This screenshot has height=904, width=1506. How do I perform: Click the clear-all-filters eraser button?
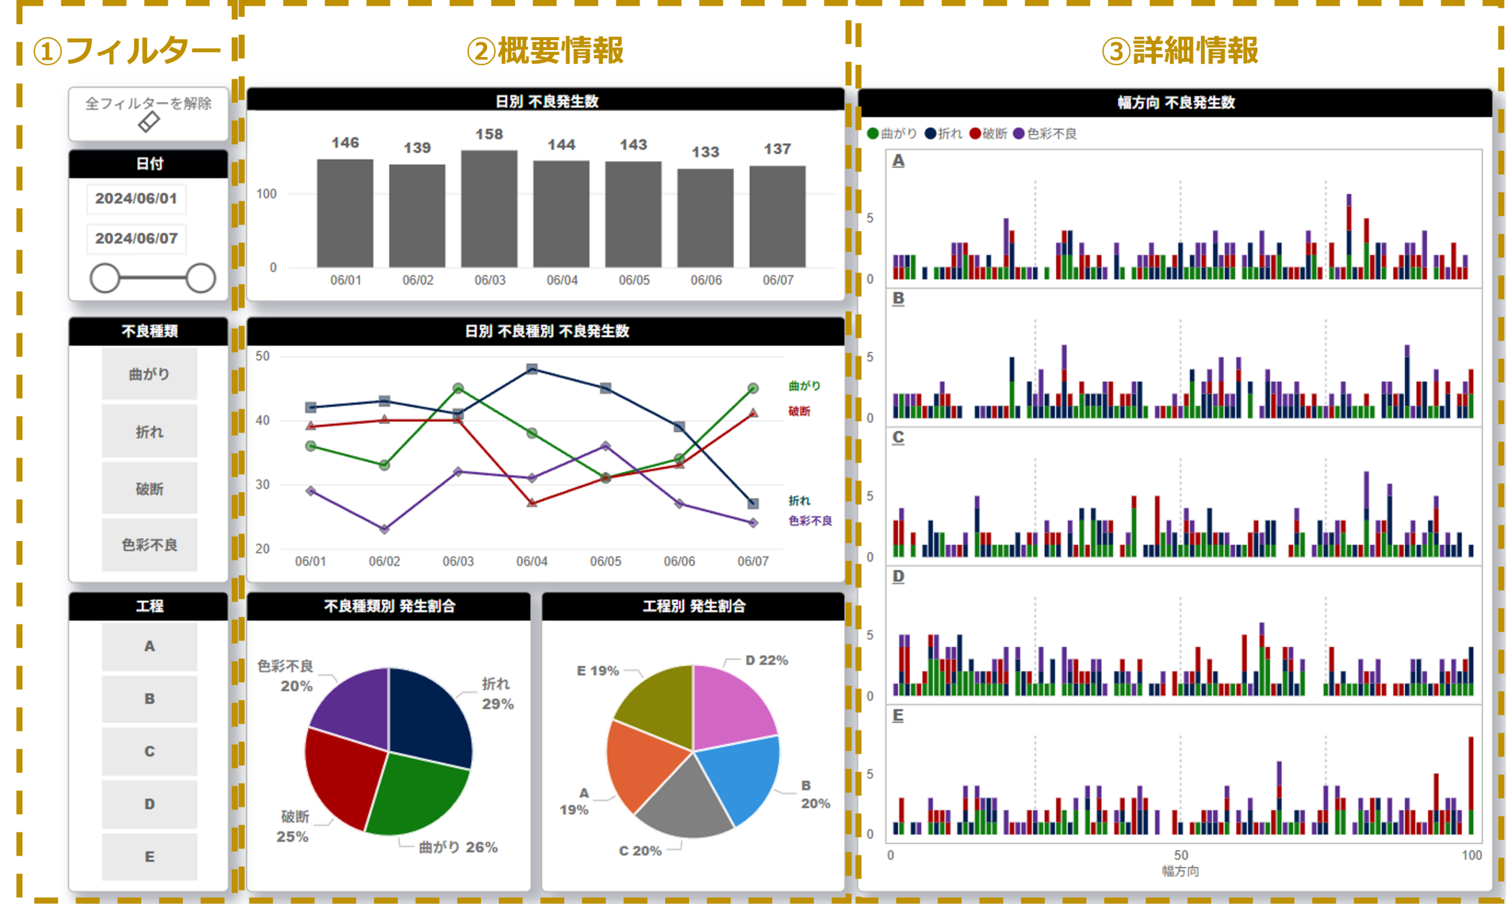148,114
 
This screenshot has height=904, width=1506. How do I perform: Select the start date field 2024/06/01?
136,199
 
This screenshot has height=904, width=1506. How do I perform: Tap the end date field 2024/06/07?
136,238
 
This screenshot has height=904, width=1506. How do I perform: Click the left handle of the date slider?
105,278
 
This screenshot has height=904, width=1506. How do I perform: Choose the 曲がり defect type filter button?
149,374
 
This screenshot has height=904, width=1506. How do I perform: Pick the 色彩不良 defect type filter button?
149,545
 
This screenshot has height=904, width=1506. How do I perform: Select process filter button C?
149,751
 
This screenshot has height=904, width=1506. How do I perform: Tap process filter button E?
149,856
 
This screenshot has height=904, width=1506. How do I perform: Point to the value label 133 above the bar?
705,152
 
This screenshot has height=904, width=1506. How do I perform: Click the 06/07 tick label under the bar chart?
778,280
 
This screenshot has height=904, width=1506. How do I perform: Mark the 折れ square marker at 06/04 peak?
532,369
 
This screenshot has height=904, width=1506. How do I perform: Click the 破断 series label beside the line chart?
799,411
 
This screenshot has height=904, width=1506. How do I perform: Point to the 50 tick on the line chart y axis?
262,356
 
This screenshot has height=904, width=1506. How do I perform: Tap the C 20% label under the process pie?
639,850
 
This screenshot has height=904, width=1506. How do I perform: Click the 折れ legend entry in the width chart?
944,134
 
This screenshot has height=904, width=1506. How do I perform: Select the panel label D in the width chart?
898,576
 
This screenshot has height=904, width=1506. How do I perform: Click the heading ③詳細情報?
1180,51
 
